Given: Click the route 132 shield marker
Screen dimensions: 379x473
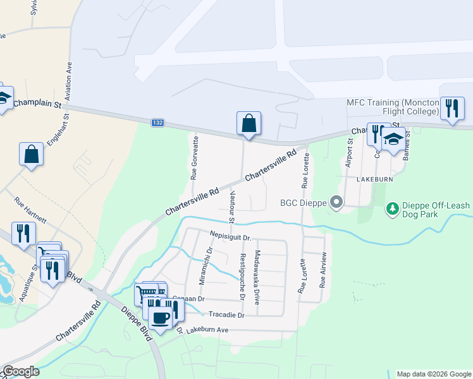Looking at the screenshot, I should pyautogui.click(x=158, y=123).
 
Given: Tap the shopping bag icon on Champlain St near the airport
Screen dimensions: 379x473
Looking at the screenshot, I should pyautogui.click(x=249, y=123).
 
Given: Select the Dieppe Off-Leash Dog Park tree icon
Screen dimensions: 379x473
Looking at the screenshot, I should pyautogui.click(x=393, y=208).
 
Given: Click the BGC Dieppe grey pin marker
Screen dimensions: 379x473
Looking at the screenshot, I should pyautogui.click(x=337, y=203).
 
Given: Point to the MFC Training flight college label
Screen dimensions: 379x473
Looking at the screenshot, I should pyautogui.click(x=393, y=107).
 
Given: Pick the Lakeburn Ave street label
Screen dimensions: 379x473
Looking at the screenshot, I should pyautogui.click(x=207, y=330).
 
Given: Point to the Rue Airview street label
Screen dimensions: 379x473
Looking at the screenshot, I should pyautogui.click(x=323, y=270).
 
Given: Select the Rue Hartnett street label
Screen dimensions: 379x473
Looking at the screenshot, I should pyautogui.click(x=31, y=210).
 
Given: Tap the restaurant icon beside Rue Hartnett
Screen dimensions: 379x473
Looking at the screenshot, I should pyautogui.click(x=21, y=234).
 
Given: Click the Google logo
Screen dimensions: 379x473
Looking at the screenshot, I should pyautogui.click(x=21, y=371).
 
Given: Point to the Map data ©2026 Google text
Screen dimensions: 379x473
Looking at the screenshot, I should pyautogui.click(x=434, y=374).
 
